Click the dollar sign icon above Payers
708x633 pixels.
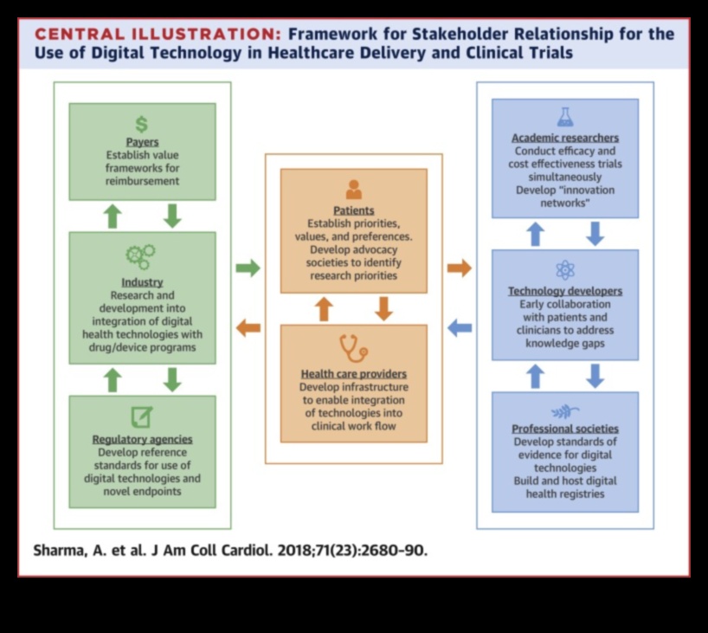point(142,123)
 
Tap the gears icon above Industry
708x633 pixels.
point(141,255)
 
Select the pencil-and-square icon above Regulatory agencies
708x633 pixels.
point(141,416)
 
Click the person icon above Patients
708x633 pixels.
point(353,189)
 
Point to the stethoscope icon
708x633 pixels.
point(353,348)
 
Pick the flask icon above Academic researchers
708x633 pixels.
point(565,116)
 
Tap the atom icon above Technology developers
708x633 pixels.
point(565,269)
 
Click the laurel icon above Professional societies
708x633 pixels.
point(565,412)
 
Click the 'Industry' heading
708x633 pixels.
point(142,282)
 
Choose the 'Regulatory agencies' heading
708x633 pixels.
point(142,439)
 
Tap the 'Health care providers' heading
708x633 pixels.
point(353,374)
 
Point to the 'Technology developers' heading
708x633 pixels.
point(565,291)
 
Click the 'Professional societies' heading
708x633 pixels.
point(565,429)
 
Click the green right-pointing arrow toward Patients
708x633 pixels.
point(248,268)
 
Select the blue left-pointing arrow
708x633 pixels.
point(460,327)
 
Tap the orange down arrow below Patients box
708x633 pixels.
point(383,308)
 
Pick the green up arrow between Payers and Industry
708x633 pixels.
point(113,216)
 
